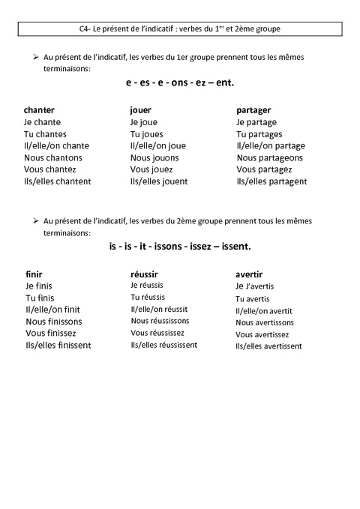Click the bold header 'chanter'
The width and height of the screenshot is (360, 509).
click(x=39, y=109)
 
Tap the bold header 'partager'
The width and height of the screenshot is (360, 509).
click(x=253, y=109)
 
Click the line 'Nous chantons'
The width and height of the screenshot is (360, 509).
click(x=53, y=157)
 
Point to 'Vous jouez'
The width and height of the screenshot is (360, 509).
click(x=151, y=169)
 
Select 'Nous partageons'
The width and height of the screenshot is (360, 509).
click(x=269, y=157)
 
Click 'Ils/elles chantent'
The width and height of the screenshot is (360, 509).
click(x=58, y=181)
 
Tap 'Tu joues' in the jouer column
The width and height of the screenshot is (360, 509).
click(x=147, y=133)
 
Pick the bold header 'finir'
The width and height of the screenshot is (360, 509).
click(x=34, y=274)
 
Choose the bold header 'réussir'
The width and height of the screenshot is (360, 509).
click(x=144, y=274)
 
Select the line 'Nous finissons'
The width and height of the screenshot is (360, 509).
click(x=54, y=322)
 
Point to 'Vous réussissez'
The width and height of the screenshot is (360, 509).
click(x=157, y=333)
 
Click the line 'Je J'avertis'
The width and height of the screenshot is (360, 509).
click(x=255, y=286)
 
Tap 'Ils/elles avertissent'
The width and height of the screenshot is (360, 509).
click(x=268, y=346)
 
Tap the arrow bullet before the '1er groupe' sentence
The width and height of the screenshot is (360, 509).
click(x=35, y=57)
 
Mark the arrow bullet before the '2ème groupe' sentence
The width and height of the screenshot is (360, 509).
click(x=35, y=221)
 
